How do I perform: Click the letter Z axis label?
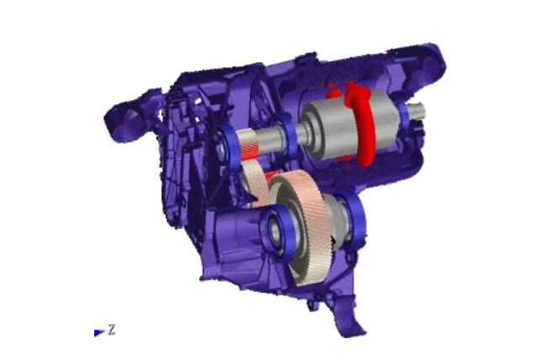(112, 330)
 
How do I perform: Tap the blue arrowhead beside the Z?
(99, 332)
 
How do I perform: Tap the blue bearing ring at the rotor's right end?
(402, 114)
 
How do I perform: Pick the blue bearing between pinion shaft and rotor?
(284, 136)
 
